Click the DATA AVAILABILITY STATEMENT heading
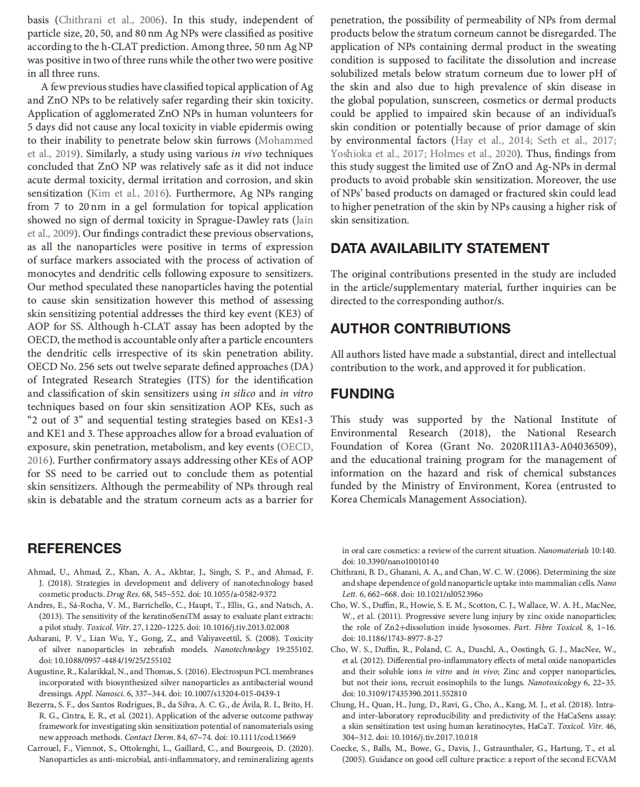point(439,248)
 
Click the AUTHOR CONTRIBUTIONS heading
point(420,329)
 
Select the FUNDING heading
point(362,394)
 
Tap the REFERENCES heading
point(74,549)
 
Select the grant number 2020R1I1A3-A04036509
point(556,446)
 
